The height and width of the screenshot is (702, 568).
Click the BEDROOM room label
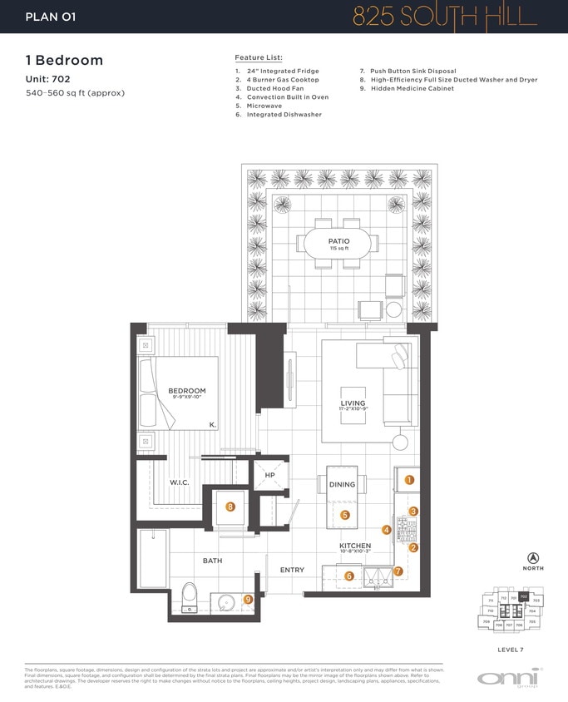(x=186, y=391)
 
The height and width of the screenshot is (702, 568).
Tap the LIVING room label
(x=353, y=403)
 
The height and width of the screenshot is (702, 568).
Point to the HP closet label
(x=269, y=475)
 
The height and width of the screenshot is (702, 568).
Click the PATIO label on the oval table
(x=338, y=241)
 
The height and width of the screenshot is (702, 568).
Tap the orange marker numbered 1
(x=409, y=480)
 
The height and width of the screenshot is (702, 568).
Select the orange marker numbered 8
(x=230, y=506)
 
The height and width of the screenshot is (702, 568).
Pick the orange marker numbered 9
(x=247, y=599)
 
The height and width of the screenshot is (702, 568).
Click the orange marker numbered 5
(x=345, y=515)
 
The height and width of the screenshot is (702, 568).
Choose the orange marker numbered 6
(x=349, y=576)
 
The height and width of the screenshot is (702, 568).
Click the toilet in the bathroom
(x=189, y=596)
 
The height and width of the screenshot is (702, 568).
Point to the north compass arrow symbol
(x=533, y=557)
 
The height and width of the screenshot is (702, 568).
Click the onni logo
(x=508, y=678)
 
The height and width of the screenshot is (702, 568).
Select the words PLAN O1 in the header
(x=51, y=16)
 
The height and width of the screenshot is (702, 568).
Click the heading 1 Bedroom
(x=65, y=60)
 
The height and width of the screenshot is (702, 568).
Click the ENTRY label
(x=292, y=570)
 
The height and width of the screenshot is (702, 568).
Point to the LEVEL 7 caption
(x=511, y=649)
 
